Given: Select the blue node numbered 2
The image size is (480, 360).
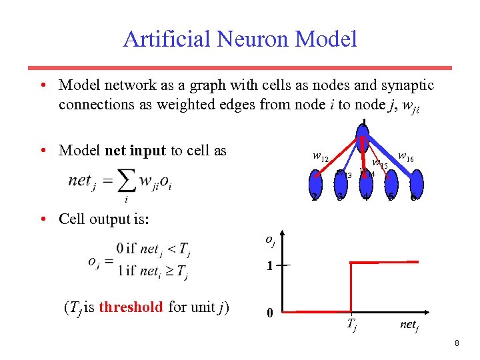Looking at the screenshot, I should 315,186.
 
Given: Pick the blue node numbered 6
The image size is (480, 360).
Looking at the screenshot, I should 416,186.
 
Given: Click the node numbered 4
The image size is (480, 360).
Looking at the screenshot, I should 365,186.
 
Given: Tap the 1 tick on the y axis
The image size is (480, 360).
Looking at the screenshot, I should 269,265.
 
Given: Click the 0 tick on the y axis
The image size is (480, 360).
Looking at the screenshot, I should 269,311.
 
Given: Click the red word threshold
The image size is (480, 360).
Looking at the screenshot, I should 131,307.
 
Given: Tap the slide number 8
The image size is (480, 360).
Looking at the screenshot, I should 457,343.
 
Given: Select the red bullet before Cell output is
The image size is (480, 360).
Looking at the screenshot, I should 43,219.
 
